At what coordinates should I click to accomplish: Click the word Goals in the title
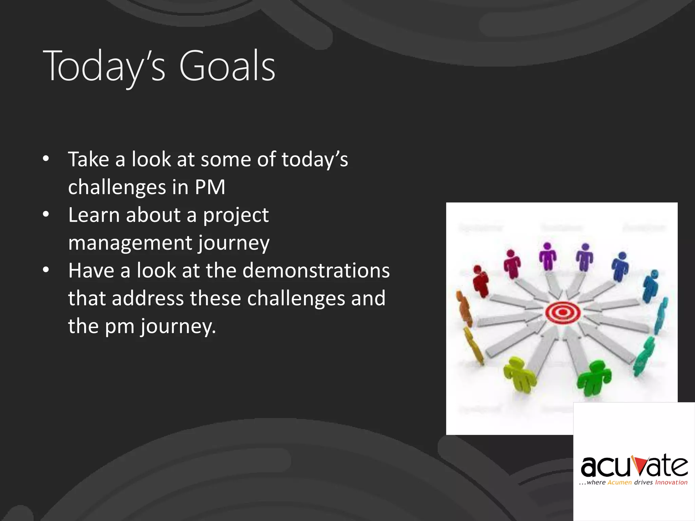tap(227, 66)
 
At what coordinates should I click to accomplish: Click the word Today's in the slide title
tap(104, 66)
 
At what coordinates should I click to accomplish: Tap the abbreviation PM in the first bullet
tap(210, 187)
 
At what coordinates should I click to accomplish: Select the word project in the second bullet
tap(236, 215)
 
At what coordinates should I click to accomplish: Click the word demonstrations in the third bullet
tap(316, 271)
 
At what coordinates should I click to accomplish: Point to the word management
tap(130, 243)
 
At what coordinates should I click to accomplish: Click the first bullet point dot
tap(46, 159)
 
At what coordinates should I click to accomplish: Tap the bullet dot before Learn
tap(46, 214)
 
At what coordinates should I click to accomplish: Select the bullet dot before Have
tap(46, 270)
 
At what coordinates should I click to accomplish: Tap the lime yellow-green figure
tap(519, 374)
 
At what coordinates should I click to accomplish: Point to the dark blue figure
tap(620, 267)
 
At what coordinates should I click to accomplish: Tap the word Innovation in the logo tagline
tap(671, 482)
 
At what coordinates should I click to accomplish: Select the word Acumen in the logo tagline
tap(620, 482)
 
